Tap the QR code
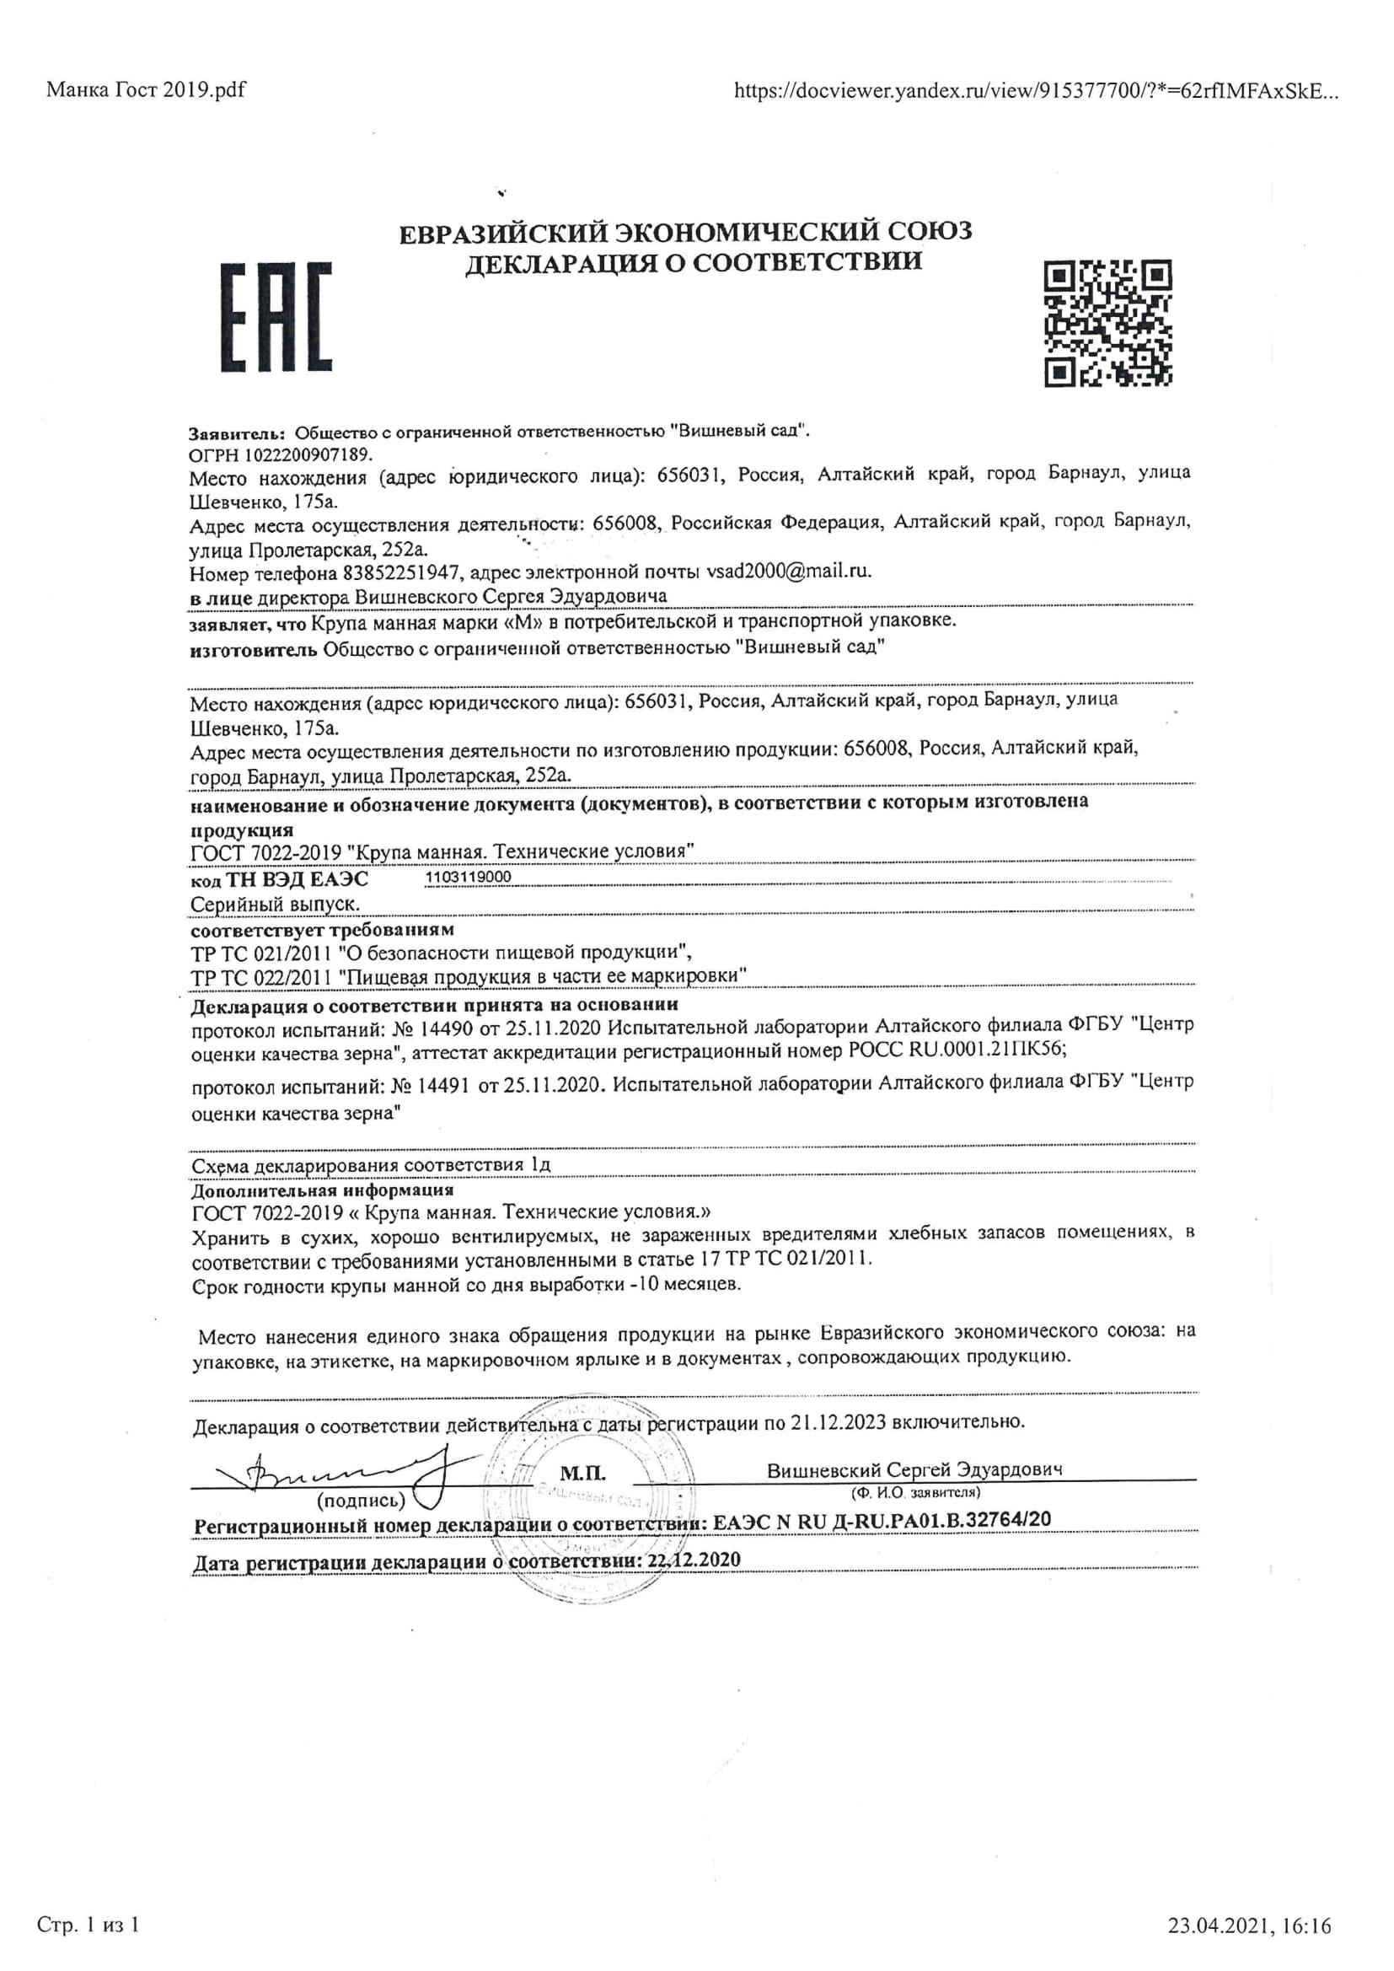[x=1107, y=323]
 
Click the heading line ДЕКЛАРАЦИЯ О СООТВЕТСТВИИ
[x=694, y=262]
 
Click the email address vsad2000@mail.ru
[x=787, y=572]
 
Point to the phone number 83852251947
[x=404, y=572]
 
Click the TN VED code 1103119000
[x=468, y=877]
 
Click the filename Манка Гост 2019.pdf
[x=146, y=89]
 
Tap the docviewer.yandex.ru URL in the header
[x=1034, y=90]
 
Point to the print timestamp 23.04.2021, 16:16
[x=1249, y=1903]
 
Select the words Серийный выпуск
[x=275, y=904]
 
